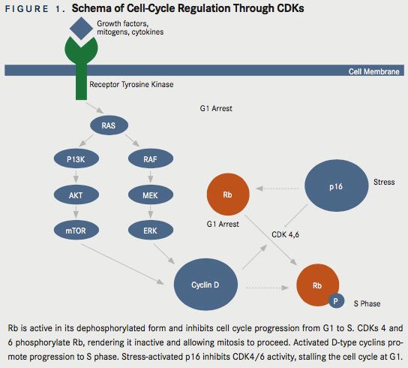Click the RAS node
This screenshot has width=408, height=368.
coord(109,125)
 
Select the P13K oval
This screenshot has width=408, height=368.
coord(76,158)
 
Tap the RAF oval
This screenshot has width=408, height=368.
coord(151,158)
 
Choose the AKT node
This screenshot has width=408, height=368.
coord(76,195)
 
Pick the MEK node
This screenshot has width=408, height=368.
coord(151,195)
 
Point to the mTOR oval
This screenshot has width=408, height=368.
coord(76,231)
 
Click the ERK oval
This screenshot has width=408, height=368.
coord(151,231)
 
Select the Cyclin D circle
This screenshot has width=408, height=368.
coord(205,285)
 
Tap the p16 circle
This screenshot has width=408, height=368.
coord(337,186)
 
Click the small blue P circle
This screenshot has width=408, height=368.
coord(336,300)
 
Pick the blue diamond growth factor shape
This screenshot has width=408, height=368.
coord(81,29)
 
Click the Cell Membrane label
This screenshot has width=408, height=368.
coord(373,71)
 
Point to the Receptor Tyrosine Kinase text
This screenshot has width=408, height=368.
coord(131,84)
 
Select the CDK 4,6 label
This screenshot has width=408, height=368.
coord(285,234)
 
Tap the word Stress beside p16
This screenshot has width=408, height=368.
coord(384,182)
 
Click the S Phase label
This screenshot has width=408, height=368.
coord(367,303)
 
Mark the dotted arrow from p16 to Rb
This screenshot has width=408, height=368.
coord(277,189)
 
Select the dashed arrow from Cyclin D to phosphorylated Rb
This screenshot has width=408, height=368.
coord(267,288)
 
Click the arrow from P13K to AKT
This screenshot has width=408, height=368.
coord(76,176)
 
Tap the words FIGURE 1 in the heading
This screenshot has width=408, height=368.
coord(34,9)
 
